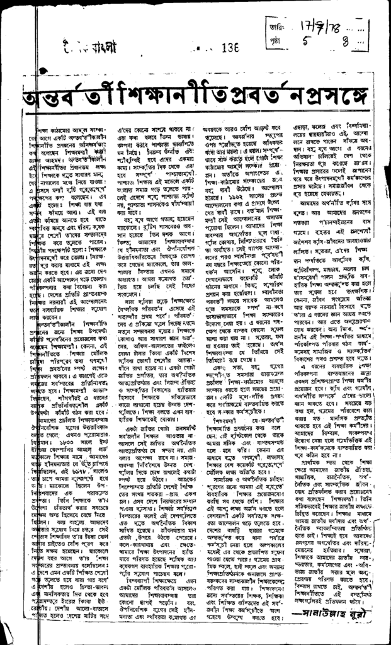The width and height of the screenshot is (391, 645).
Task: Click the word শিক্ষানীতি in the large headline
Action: point(143,95)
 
